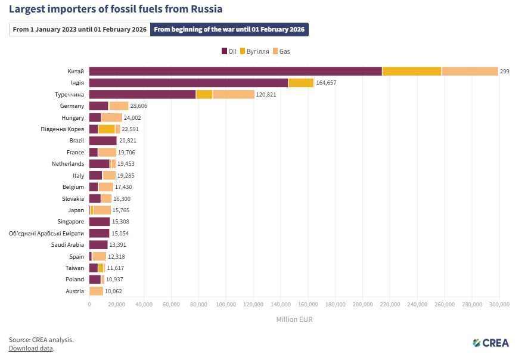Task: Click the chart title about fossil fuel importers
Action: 116,9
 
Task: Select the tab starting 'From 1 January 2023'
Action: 80,30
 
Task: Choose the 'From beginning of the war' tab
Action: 229,30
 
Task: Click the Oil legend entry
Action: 229,51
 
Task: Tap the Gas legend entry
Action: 281,51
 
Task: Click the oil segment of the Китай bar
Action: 235,72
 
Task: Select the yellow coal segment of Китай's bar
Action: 411,72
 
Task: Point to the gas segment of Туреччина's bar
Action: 233,94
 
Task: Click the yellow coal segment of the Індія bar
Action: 300,83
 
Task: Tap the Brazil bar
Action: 103,141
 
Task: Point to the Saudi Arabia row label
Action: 67,244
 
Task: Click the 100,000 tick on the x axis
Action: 226,305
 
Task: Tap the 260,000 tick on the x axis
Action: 445,305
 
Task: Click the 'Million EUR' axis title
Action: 294,319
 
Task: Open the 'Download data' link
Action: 31,348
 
